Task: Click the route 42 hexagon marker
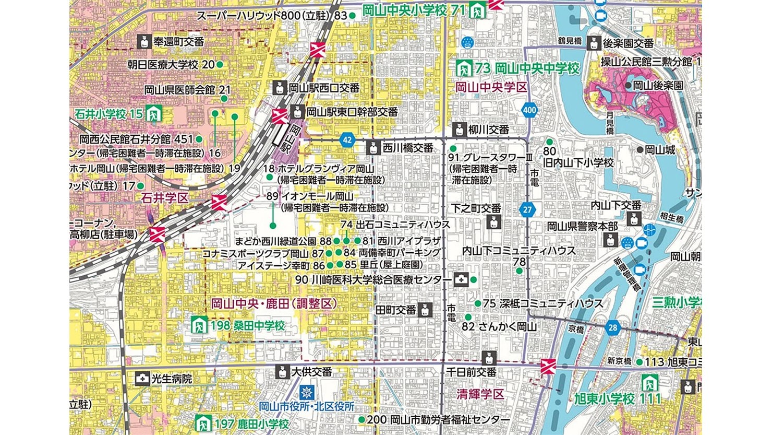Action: pos(346,140)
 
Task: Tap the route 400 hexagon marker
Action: pos(529,110)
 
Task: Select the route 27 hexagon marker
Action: pos(528,209)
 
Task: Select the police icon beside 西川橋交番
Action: pos(373,148)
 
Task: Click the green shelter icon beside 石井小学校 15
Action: pos(154,113)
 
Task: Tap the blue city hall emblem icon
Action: pos(307,391)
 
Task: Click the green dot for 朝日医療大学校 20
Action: pos(220,65)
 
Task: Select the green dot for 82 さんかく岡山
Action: pos(468,317)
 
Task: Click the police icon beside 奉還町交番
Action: pos(144,42)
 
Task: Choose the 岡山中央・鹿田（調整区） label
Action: pos(274,303)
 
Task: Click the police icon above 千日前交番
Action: pos(488,358)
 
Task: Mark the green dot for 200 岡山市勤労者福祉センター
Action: pos(361,419)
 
